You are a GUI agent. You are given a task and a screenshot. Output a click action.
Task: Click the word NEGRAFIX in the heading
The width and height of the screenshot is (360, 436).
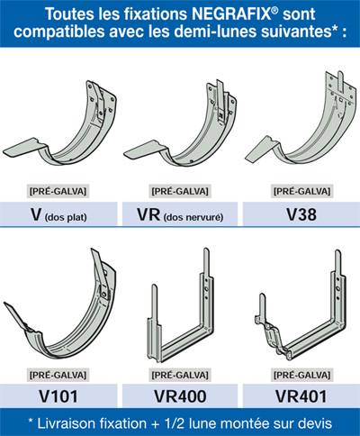(230, 14)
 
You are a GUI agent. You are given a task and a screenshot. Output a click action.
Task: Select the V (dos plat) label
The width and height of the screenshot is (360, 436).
(58, 215)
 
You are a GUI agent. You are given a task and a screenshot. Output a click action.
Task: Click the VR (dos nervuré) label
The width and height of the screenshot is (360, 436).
(180, 215)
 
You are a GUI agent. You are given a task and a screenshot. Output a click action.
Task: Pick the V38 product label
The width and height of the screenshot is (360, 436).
(301, 214)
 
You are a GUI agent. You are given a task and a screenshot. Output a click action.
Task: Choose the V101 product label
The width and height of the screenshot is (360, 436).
(58, 396)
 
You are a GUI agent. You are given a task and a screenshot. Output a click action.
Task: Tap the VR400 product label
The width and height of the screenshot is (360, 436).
(180, 396)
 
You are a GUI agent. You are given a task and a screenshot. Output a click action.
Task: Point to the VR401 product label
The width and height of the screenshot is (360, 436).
(301, 396)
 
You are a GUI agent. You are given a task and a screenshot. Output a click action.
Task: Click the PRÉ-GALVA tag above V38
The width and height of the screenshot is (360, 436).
(301, 191)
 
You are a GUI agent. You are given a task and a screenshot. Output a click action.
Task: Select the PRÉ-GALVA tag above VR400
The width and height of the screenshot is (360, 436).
(180, 375)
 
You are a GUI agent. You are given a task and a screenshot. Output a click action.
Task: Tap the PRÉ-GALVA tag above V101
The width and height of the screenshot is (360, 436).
(58, 375)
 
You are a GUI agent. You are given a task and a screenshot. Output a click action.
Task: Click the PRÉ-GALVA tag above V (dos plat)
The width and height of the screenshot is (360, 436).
(58, 191)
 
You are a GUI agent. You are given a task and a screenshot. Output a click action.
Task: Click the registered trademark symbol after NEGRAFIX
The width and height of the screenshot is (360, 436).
(274, 10)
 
